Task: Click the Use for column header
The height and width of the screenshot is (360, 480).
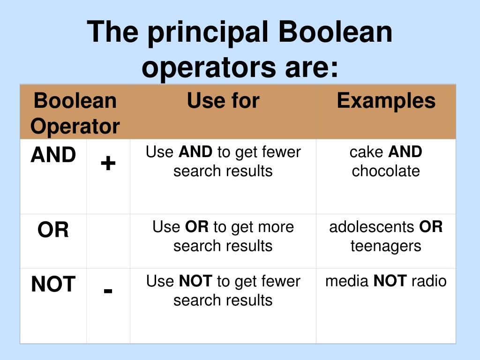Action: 223,101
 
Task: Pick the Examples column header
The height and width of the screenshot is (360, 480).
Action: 386,101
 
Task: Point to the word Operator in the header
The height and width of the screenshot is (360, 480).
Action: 75,127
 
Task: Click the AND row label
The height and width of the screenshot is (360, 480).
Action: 53,155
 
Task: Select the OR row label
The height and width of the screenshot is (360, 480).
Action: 53,230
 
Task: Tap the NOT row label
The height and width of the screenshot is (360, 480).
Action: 53,285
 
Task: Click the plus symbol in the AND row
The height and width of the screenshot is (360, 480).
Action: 108,163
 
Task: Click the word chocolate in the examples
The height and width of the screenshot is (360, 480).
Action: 386,171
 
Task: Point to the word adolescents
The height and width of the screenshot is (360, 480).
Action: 372,227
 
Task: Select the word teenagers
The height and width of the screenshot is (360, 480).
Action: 386,246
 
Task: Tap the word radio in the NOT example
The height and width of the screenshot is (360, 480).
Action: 429,281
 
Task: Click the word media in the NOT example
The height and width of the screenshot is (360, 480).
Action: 347,281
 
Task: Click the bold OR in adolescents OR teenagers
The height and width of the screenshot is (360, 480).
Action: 431,227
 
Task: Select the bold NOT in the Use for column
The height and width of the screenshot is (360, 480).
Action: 196,281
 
